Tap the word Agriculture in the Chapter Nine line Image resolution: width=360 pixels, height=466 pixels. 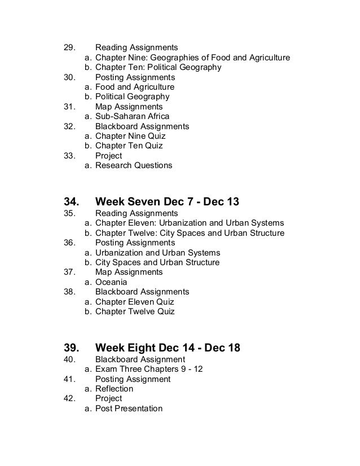[267, 58]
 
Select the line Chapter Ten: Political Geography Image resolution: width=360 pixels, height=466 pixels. [158, 67]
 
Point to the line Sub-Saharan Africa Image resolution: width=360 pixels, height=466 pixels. [132, 117]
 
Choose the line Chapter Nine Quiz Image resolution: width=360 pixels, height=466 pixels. [130, 136]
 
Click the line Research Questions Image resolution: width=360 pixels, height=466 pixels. [134, 166]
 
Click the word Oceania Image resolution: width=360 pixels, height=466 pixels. [111, 282]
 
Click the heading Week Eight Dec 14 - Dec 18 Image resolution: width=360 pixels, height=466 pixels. [168, 348]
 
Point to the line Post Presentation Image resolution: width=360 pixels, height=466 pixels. [129, 408]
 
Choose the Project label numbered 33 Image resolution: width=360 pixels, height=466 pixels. [108, 156]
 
